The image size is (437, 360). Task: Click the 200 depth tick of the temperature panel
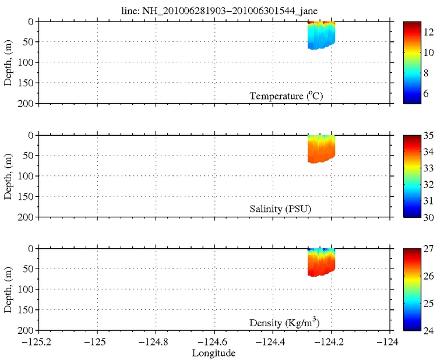tap(29, 104)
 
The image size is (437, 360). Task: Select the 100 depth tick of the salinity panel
tap(29, 177)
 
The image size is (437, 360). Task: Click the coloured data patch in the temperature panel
tap(320, 36)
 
